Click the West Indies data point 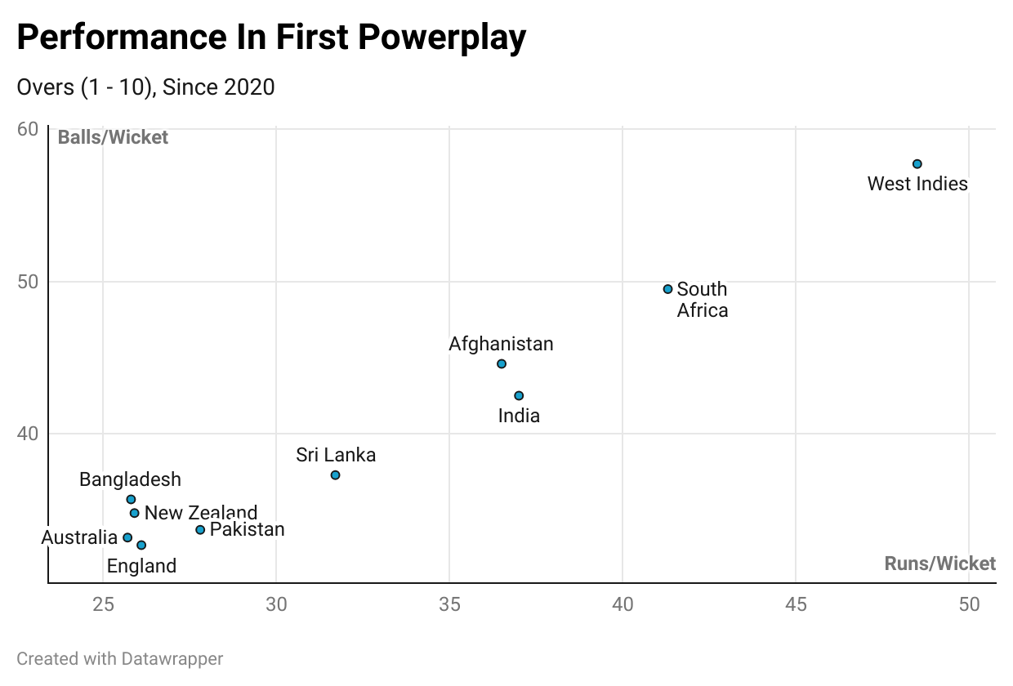pos(917,164)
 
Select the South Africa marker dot pos(667,289)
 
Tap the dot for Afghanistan pos(502,363)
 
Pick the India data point pos(519,396)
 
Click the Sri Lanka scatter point pos(335,475)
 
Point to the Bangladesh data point pos(131,499)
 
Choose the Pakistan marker pos(200,530)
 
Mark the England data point pos(141,545)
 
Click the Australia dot pos(127,537)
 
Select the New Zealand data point pos(135,513)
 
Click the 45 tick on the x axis pos(796,605)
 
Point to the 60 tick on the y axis pos(28,129)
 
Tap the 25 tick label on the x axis pos(103,605)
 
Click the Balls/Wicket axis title pos(113,137)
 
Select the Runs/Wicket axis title pos(939,563)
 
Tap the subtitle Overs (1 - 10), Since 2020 pos(145,87)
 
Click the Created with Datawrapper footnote pos(120,658)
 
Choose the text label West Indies pos(917,184)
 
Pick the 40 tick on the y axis pos(28,433)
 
